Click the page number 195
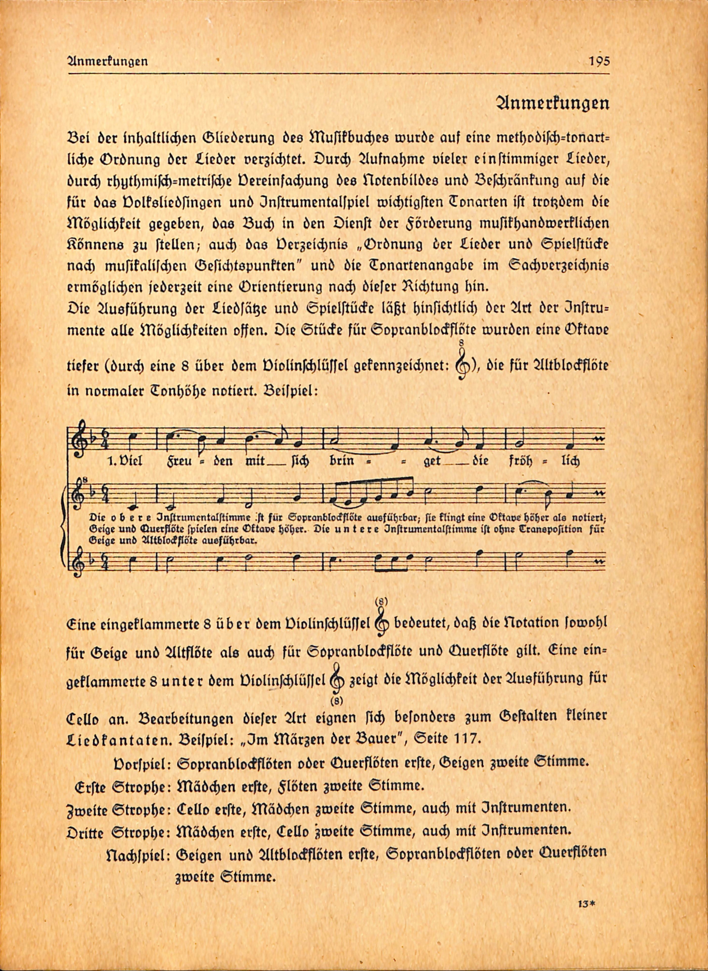pyautogui.click(x=599, y=61)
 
